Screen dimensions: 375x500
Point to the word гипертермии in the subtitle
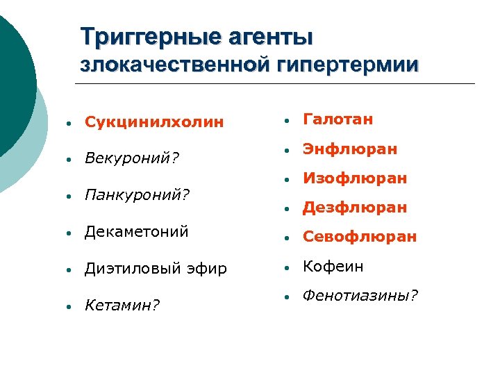point(347,65)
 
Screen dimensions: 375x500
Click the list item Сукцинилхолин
point(154,122)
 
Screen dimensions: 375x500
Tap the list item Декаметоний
point(136,232)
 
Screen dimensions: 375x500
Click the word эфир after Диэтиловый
point(207,268)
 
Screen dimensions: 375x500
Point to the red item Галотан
point(338,119)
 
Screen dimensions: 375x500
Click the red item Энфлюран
point(350,149)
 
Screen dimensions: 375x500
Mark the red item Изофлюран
point(354,178)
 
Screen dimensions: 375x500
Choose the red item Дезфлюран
point(355,208)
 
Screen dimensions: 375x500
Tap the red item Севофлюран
point(360,237)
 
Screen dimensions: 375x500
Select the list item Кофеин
point(333,267)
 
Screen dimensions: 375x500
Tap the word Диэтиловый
point(127,268)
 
